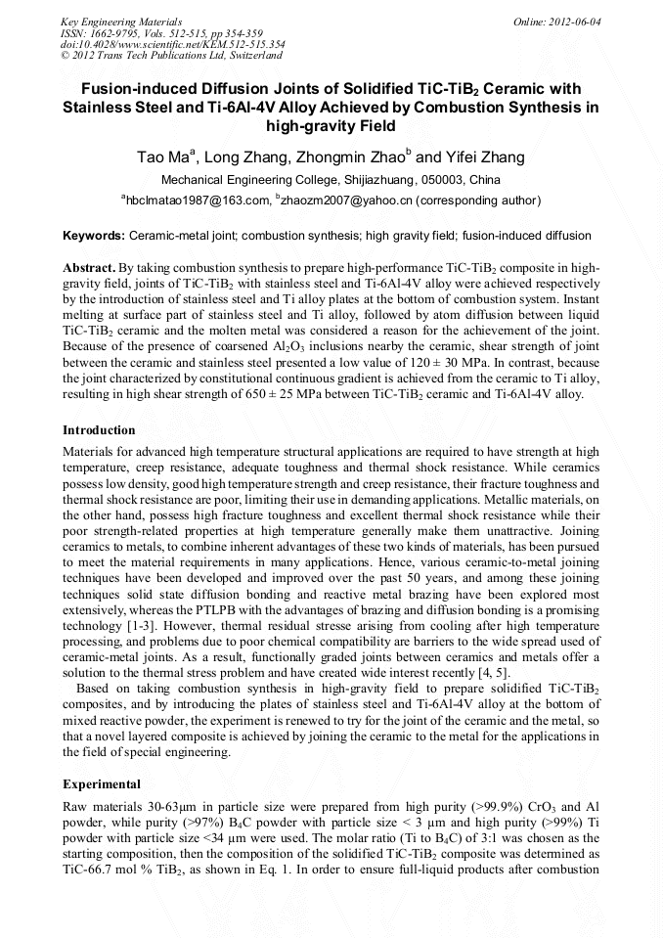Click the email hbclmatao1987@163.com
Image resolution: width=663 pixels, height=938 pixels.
197,201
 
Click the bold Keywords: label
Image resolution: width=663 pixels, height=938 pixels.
94,237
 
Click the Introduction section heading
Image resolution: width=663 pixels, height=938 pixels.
99,430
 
